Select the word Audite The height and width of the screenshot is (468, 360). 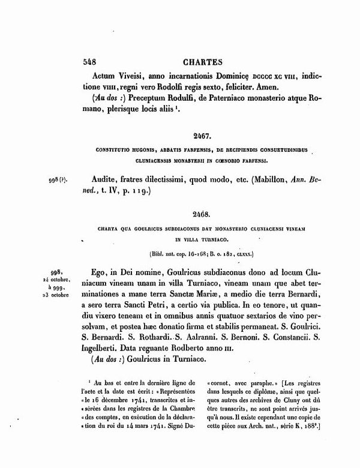pos(108,179)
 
